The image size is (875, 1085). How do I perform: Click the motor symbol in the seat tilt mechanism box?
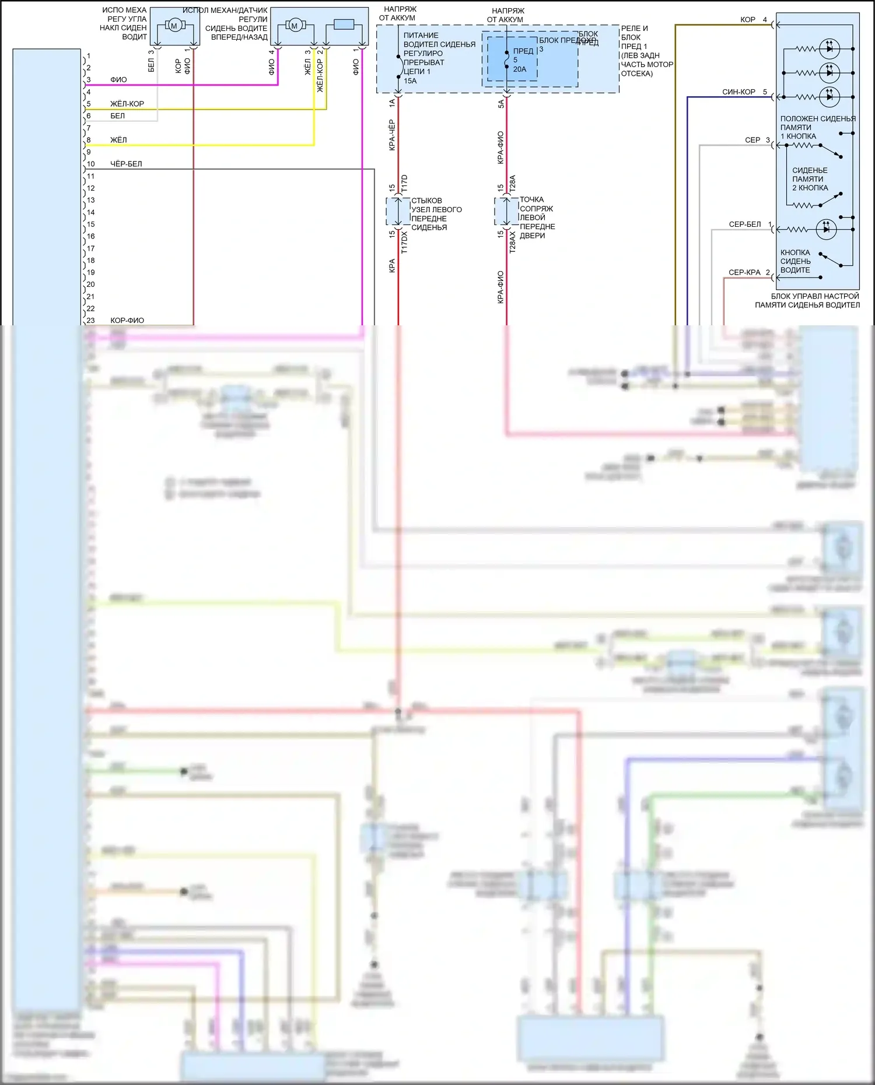pos(174,26)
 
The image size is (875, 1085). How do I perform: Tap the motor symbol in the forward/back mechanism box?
pos(295,26)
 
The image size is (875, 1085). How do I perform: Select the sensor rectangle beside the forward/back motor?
pos(344,24)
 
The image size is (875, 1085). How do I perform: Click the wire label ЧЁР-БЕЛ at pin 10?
pos(126,164)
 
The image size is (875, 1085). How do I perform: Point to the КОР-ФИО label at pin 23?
pos(127,320)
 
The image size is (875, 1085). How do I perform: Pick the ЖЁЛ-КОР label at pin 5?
pos(127,104)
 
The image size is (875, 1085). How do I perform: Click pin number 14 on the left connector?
pos(91,212)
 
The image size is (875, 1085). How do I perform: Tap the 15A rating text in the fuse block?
pos(411,81)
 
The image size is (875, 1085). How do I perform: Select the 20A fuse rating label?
pos(520,69)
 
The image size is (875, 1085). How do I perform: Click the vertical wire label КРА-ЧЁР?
pos(392,135)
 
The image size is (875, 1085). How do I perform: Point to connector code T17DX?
pos(404,242)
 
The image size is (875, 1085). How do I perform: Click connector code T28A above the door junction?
pos(513,184)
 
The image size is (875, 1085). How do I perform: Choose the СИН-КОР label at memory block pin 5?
pos(738,92)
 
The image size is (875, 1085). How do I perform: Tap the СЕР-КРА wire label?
pos(744,272)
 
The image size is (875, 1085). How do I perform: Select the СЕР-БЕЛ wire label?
pos(745,224)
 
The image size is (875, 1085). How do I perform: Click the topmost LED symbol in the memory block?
pos(829,48)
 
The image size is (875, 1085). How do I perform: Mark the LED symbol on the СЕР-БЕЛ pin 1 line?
pos(826,229)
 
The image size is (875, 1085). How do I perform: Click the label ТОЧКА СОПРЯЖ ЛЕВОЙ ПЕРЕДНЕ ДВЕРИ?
pos(537,217)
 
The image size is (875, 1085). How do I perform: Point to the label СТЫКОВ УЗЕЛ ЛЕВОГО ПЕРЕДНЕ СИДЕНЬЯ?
pos(436,214)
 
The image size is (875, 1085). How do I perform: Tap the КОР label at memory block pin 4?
pos(748,20)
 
